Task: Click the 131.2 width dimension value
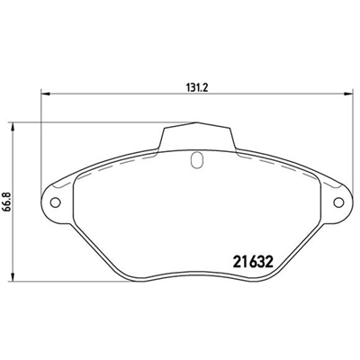(x=197, y=87)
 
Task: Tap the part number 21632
(x=253, y=262)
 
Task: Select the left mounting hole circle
(x=55, y=202)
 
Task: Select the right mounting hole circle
(x=339, y=202)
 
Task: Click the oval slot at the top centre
(x=197, y=159)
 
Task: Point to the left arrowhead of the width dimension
(x=45, y=94)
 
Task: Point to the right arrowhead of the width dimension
(x=348, y=94)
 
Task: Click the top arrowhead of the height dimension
(x=12, y=126)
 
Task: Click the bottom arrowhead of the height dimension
(x=12, y=277)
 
